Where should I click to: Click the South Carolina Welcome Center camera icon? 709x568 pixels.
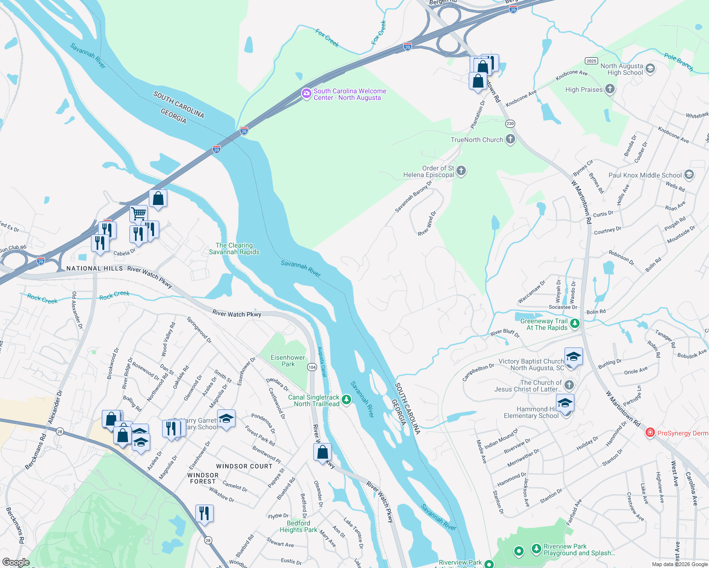(307, 94)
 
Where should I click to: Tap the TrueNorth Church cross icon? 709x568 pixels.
(510, 139)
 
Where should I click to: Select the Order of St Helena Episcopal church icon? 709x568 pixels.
(461, 171)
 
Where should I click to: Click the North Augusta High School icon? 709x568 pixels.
(650, 69)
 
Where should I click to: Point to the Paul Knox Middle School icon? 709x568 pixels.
(689, 175)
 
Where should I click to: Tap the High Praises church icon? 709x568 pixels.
(610, 89)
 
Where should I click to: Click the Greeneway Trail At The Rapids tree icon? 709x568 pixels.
(574, 324)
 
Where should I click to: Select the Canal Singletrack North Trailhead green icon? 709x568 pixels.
(346, 400)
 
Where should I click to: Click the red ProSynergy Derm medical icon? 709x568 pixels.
(650, 433)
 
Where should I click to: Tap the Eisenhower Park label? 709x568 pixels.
(288, 361)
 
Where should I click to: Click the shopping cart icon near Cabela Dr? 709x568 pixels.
(138, 213)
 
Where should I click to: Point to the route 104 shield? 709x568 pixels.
(312, 367)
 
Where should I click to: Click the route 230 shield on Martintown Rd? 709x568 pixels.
(510, 124)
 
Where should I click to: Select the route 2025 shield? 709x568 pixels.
(591, 61)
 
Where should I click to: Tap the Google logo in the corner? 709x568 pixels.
(16, 562)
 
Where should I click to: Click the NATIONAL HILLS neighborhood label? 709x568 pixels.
(95, 268)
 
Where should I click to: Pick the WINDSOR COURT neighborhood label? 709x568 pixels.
(244, 466)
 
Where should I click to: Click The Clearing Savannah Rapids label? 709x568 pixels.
(234, 248)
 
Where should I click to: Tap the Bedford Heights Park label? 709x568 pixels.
(299, 526)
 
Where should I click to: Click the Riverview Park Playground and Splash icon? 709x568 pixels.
(536, 549)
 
